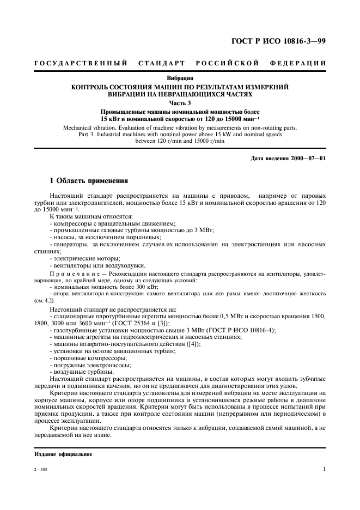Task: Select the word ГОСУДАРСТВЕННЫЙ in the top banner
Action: (x=81, y=64)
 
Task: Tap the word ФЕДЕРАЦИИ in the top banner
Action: (x=297, y=64)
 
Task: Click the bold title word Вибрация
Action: (x=180, y=78)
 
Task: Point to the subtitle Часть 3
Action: (x=180, y=102)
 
